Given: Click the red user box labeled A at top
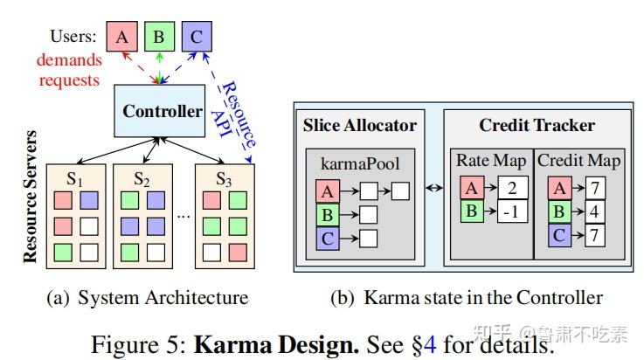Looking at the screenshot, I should pos(121,37).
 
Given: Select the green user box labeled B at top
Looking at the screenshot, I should pos(159,37).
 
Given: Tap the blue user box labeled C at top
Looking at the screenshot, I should pos(197,37).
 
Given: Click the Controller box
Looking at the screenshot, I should pos(163,112).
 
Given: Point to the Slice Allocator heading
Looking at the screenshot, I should pos(359,125).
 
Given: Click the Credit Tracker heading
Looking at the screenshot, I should pos(537,125).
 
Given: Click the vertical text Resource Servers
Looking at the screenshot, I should pos(31,197).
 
